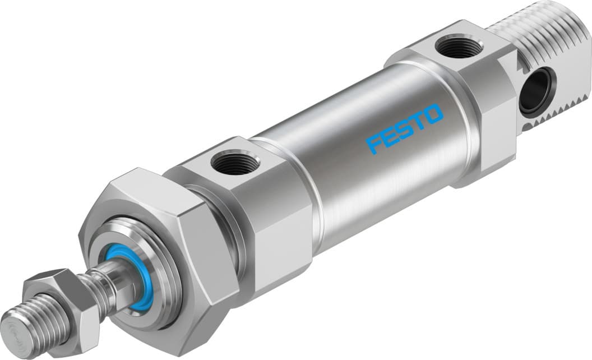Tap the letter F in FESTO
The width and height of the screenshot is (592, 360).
[x=374, y=143]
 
